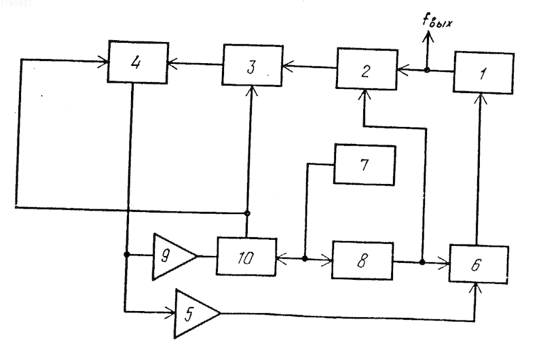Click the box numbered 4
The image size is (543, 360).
pyautogui.click(x=138, y=62)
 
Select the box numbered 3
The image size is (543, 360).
pyautogui.click(x=252, y=65)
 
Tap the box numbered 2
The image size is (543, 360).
pyautogui.click(x=367, y=69)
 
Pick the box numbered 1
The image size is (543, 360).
pyautogui.click(x=483, y=73)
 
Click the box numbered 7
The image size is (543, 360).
pyautogui.click(x=364, y=164)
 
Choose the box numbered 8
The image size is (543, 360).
pyautogui.click(x=362, y=261)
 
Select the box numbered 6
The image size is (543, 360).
pyautogui.click(x=479, y=264)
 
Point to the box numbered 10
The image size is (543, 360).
pyautogui.click(x=246, y=257)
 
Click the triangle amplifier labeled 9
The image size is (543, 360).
pyautogui.click(x=172, y=257)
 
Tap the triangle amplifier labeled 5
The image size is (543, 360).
pyautogui.click(x=195, y=314)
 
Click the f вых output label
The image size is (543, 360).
pyautogui.click(x=437, y=21)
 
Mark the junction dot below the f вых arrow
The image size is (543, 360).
pyautogui.click(x=427, y=71)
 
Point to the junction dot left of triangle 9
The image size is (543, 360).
pyautogui.click(x=127, y=255)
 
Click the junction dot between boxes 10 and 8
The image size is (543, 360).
pyautogui.click(x=305, y=259)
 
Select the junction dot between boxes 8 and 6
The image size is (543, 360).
pyautogui.click(x=422, y=262)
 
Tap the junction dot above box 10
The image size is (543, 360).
pyautogui.click(x=247, y=213)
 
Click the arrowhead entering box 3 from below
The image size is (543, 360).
pyautogui.click(x=252, y=91)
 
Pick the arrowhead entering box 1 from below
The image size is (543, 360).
pyautogui.click(x=481, y=98)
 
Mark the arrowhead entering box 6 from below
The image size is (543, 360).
pyautogui.click(x=476, y=289)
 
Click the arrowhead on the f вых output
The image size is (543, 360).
pyautogui.click(x=428, y=37)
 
